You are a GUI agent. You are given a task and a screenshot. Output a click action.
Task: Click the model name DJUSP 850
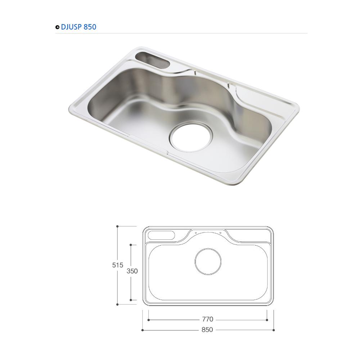pos(78,27)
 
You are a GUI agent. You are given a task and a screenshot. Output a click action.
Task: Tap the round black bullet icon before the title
pos(57,27)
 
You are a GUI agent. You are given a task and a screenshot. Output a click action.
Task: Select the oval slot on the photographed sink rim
pos(153,60)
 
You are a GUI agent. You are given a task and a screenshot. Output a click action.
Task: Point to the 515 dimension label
pos(117,265)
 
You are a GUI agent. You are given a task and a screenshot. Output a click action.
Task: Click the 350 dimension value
pos(132,271)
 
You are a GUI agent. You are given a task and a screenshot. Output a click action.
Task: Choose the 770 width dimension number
pos(207,319)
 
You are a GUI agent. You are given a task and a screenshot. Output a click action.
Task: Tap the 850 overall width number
pos(207,330)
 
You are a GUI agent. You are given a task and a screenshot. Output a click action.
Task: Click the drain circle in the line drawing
pos(208,262)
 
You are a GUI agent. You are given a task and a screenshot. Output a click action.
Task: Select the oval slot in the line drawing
pos(162,235)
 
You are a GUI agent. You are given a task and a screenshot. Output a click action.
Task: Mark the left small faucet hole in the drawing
pos(196,233)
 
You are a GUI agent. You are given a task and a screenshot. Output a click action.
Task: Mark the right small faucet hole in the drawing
pos(220,233)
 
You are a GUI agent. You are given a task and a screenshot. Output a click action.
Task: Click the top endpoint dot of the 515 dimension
pos(117,226)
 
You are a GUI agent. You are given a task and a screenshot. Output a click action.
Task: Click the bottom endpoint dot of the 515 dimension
pos(117,304)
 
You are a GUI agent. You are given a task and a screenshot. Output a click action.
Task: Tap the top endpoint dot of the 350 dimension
pos(131,245)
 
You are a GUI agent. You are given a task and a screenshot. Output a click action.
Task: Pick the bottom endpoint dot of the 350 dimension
pos(131,300)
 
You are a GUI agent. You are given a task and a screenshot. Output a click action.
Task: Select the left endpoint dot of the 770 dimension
pos(149,320)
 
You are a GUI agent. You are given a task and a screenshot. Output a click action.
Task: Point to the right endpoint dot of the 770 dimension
pos(267,320)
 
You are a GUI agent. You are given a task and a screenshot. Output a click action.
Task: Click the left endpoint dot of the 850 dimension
pos(143,330)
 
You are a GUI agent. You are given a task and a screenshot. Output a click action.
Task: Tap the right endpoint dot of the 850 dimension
pos(274,330)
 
